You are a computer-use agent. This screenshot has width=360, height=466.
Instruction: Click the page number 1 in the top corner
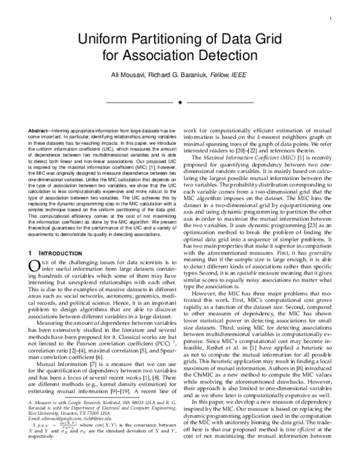(331, 19)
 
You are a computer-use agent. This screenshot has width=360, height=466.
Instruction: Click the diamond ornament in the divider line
(180, 103)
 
